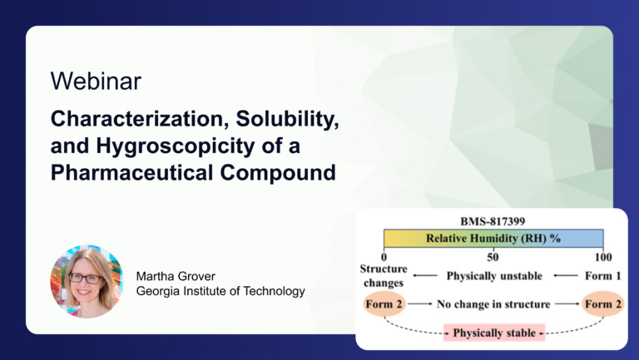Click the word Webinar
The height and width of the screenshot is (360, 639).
coord(96,81)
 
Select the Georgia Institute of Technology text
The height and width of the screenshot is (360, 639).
coord(220,291)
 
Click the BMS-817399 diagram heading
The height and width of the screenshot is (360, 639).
coord(493,223)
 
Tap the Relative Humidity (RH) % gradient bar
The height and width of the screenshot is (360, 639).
coord(493,238)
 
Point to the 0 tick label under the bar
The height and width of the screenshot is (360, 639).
coord(384,255)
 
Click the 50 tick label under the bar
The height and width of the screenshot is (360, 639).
coord(493,255)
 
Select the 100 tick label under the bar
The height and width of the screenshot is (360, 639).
coord(603,255)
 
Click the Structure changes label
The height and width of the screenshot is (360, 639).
coord(384,276)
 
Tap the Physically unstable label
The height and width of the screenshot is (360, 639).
coord(494,275)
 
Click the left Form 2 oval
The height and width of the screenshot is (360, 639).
coord(384,304)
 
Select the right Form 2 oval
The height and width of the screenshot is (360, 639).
coord(602,304)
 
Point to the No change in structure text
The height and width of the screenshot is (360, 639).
coord(493,304)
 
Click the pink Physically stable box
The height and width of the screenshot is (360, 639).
coord(493,333)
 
